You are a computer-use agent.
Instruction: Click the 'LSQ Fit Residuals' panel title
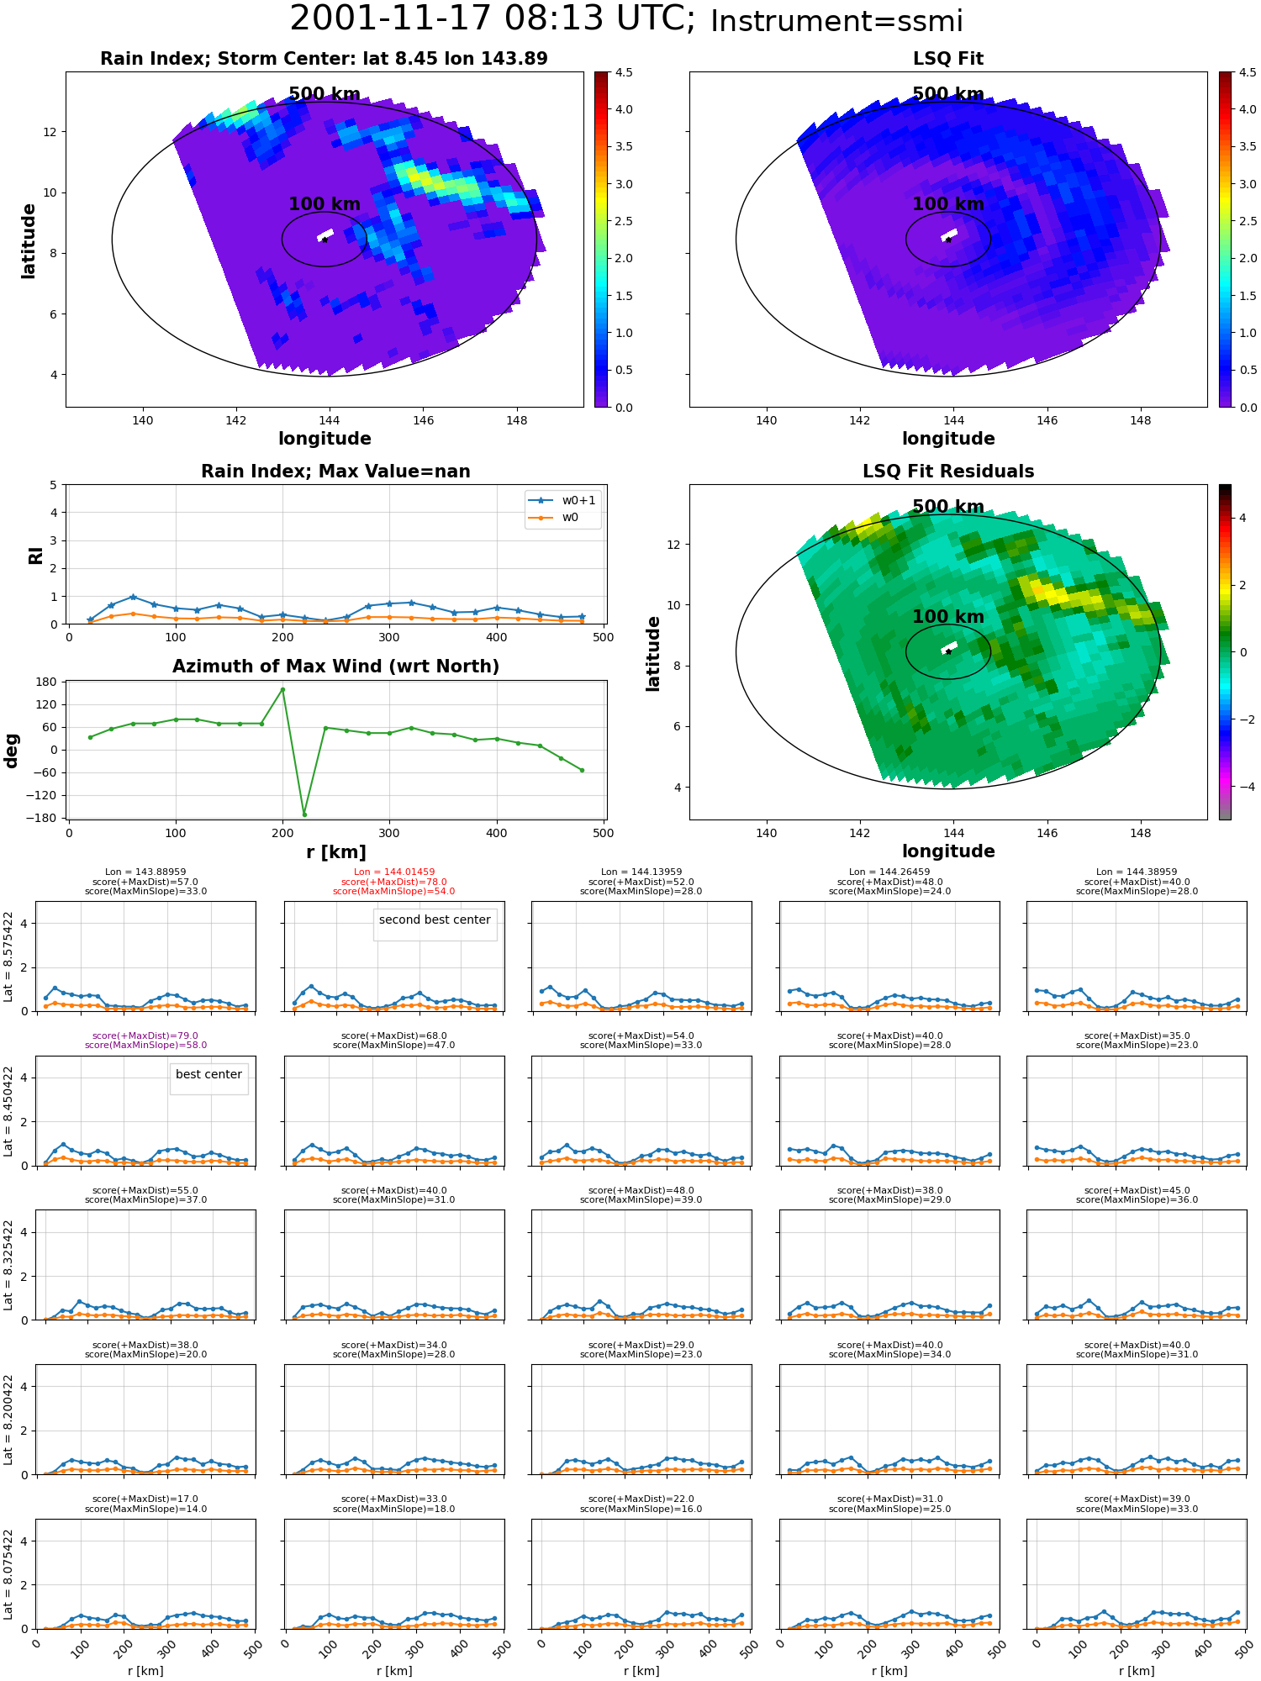coord(948,472)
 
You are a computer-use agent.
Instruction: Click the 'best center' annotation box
coord(208,1074)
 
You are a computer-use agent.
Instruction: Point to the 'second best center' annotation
coord(435,920)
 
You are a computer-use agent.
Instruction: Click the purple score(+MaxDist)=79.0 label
coord(145,1035)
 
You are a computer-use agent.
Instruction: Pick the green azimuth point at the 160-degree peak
coord(282,689)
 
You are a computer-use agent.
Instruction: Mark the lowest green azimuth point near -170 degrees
coord(304,814)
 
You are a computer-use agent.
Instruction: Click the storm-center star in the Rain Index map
coord(324,240)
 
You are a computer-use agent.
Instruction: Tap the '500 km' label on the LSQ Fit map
coord(948,94)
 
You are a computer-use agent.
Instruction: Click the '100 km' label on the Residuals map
coord(948,617)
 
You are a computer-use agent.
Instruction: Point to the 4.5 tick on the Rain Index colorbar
coord(624,72)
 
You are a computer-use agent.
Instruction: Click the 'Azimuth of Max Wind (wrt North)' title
coord(336,667)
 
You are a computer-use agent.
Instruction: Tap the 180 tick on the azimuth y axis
coord(47,682)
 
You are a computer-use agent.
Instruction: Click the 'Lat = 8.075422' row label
coord(9,1574)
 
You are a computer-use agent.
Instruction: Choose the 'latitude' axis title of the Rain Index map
coord(29,240)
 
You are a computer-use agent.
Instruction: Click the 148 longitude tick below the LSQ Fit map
coord(1141,420)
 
